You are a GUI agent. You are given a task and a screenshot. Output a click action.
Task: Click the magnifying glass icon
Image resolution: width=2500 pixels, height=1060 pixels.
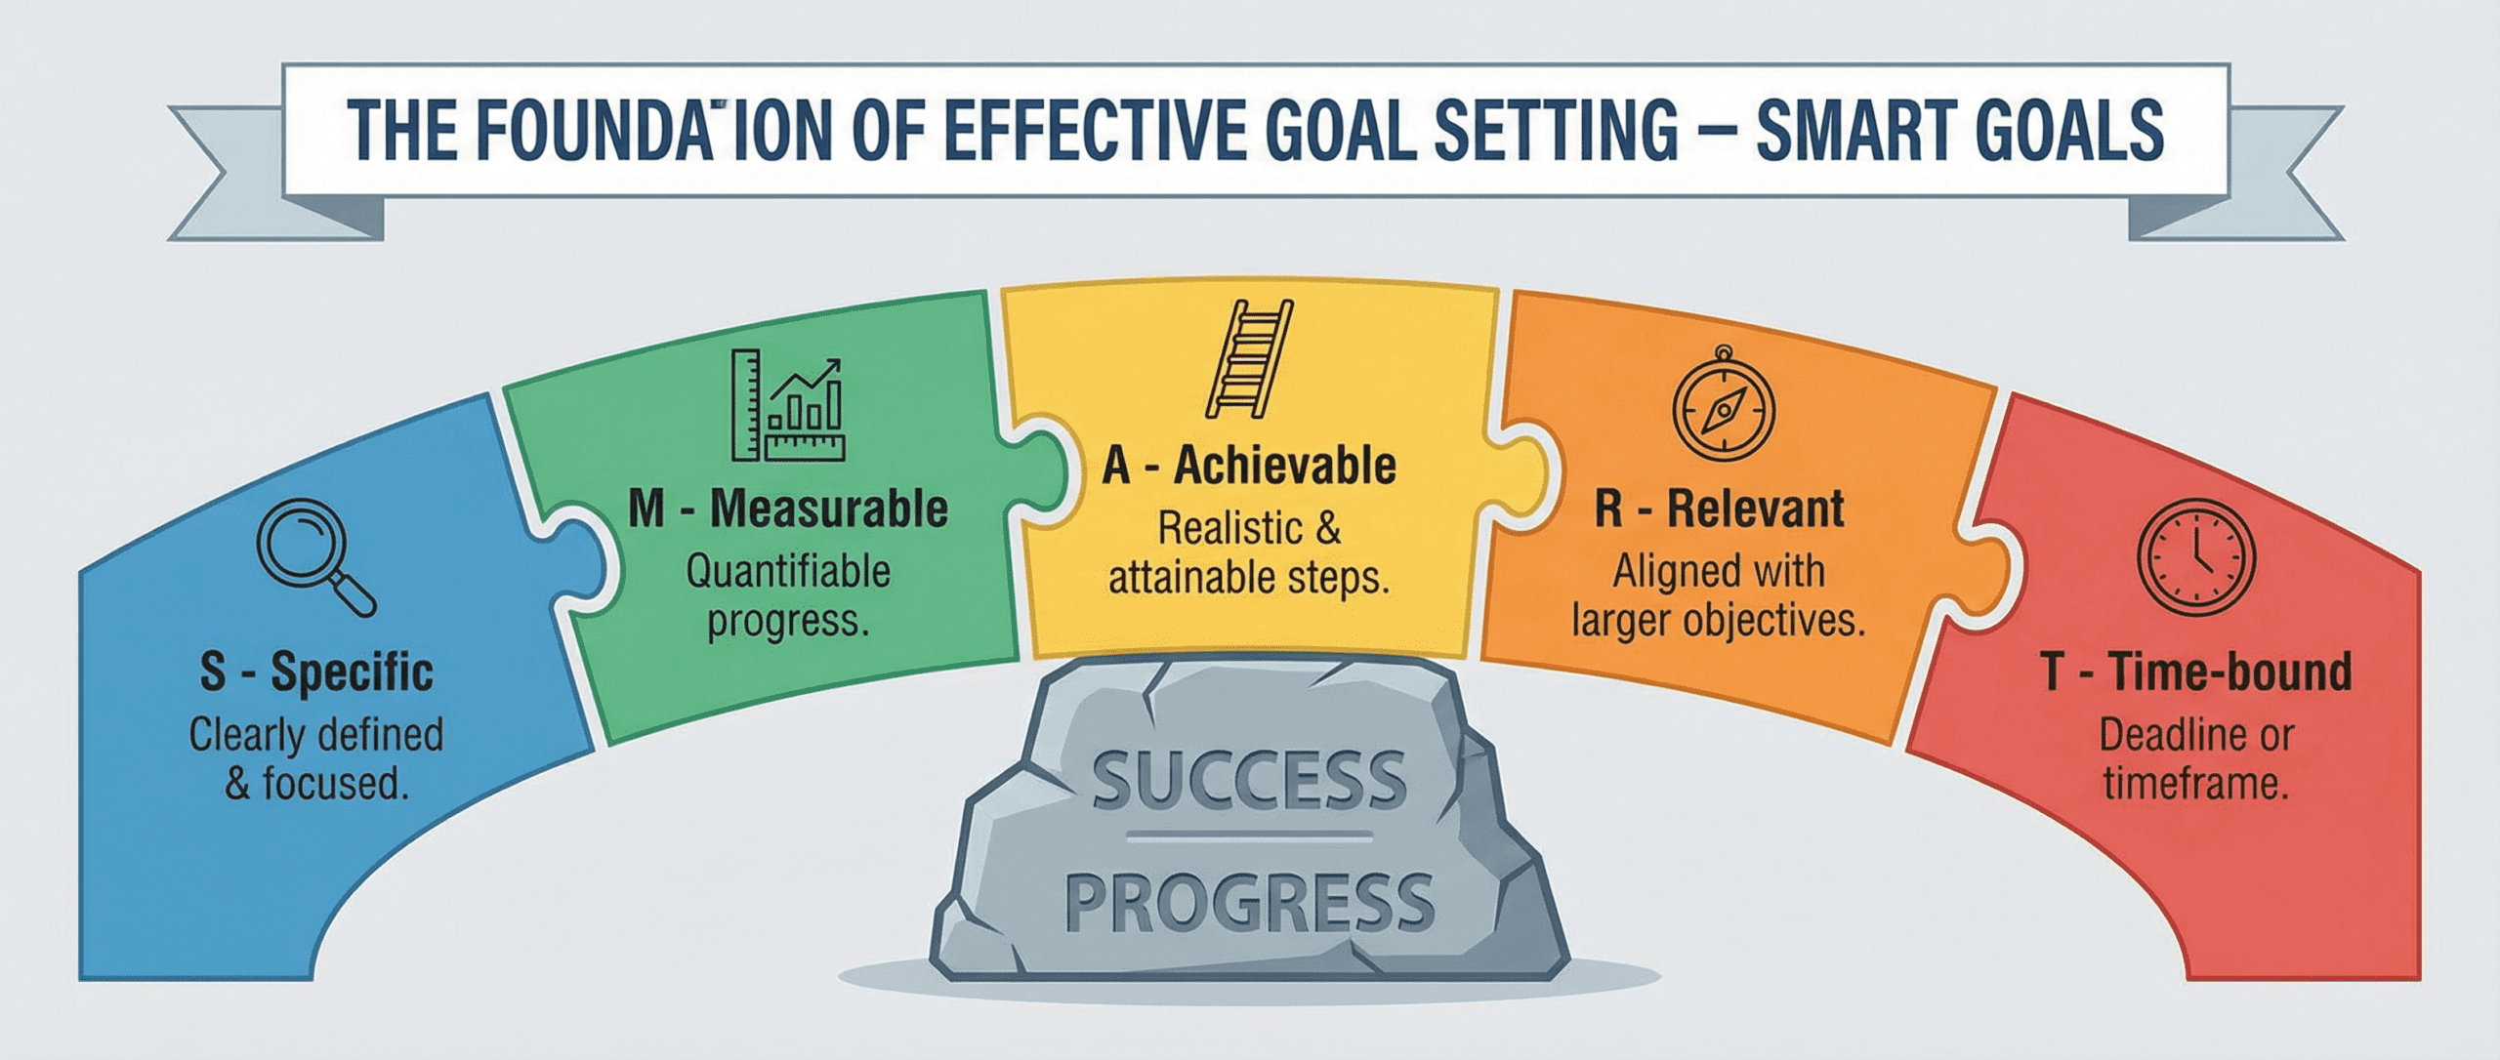pyautogui.click(x=314, y=555)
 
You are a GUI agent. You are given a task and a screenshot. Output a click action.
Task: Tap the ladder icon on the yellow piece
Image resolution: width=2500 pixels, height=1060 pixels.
pyautogui.click(x=1249, y=358)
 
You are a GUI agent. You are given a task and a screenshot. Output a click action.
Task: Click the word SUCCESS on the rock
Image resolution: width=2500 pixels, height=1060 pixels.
pyautogui.click(x=1249, y=781)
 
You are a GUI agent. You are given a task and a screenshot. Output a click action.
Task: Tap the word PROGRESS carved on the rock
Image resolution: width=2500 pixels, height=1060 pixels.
pyautogui.click(x=1249, y=903)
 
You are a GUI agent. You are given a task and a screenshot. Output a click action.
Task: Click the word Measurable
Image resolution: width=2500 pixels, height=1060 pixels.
pyautogui.click(x=829, y=510)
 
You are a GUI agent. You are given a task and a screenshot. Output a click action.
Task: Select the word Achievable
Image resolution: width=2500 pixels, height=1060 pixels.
pyautogui.click(x=1284, y=466)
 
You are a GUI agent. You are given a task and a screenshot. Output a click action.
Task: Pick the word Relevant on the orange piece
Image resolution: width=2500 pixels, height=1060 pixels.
pyautogui.click(x=1756, y=509)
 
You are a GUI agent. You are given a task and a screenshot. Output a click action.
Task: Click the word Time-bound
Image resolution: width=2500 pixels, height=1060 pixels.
pyautogui.click(x=2229, y=673)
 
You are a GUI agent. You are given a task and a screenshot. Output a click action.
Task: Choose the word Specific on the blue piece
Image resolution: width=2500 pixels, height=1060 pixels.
pyautogui.click(x=352, y=673)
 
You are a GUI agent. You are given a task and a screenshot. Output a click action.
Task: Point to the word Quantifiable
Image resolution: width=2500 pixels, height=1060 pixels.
pyautogui.click(x=788, y=572)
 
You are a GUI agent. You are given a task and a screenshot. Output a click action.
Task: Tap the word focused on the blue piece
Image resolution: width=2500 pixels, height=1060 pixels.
pyautogui.click(x=335, y=785)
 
